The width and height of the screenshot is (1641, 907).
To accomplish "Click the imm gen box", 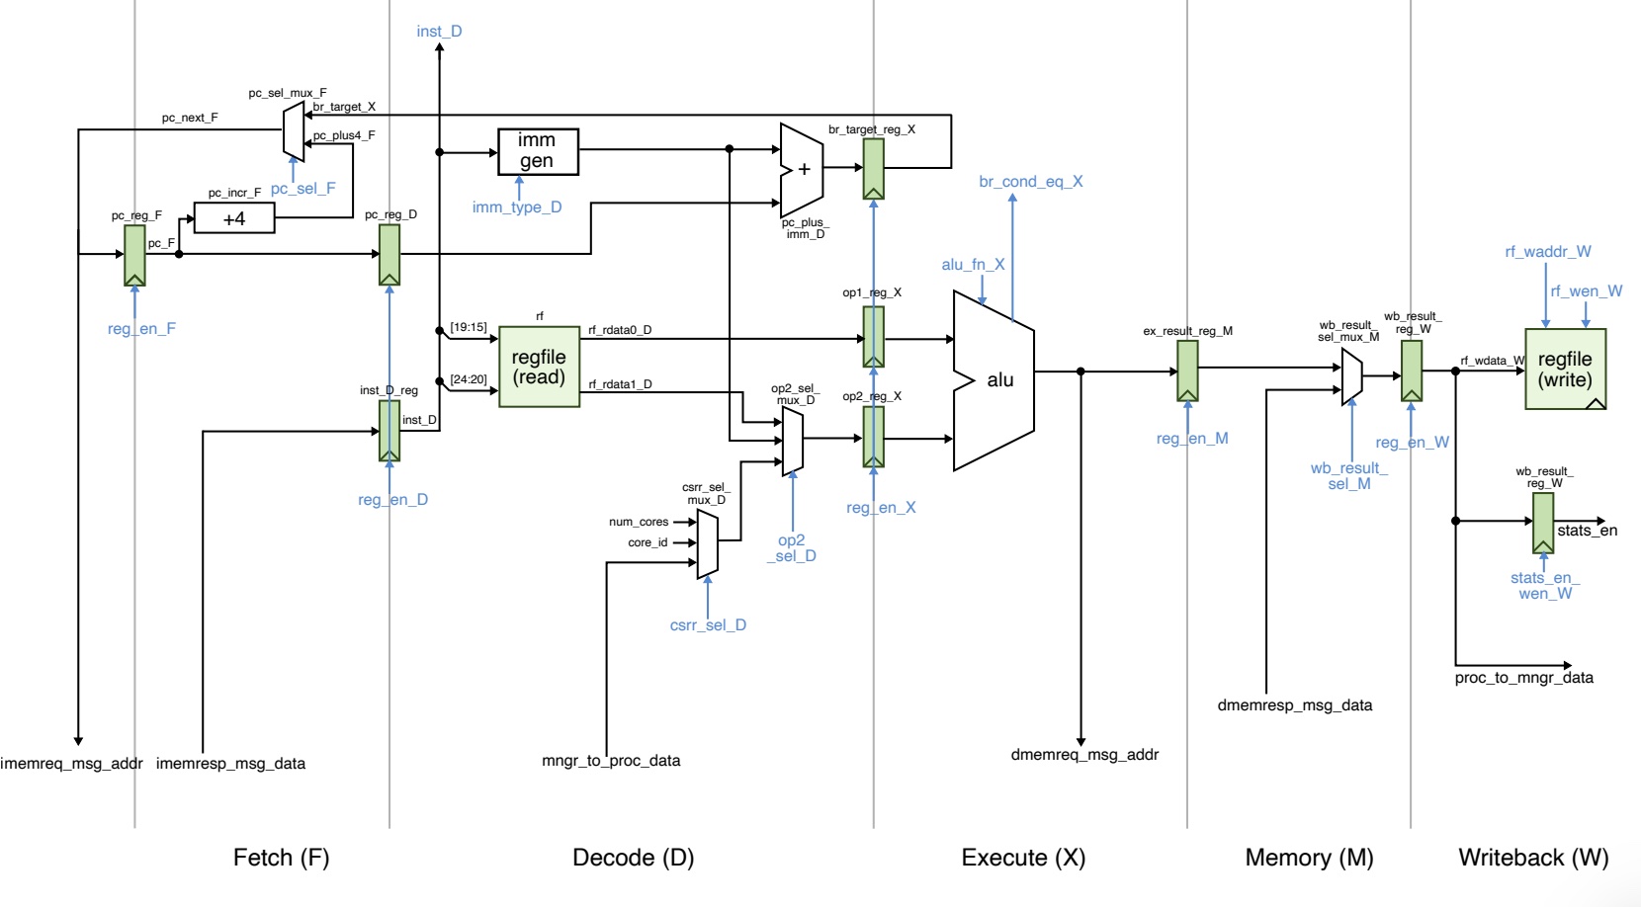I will tap(537, 151).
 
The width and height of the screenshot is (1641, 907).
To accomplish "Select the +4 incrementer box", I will tap(234, 218).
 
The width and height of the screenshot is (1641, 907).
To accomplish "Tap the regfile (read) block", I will tap(539, 367).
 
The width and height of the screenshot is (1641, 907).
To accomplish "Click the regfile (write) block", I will tap(1565, 370).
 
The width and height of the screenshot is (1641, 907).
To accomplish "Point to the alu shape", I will tap(993, 380).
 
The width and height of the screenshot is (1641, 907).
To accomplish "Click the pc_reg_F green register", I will tap(134, 255).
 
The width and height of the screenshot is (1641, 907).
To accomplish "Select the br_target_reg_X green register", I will tap(873, 168).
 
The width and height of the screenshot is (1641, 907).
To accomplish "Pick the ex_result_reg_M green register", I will tap(1187, 371).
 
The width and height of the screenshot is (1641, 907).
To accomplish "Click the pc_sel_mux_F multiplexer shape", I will tap(293, 130).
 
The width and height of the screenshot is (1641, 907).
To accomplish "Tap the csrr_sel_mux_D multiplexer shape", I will tap(707, 543).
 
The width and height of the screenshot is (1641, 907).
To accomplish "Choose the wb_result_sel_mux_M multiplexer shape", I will tap(1351, 376).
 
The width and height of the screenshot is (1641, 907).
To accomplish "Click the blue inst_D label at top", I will tap(439, 32).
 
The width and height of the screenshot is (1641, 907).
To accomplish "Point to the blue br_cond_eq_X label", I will tap(1030, 182).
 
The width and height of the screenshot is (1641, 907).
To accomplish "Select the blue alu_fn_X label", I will tap(973, 265).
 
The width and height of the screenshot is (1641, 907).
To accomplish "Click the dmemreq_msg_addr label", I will tap(1084, 755).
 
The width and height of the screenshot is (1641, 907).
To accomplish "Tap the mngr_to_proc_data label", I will tap(611, 761).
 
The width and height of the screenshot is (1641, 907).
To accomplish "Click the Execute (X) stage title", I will tap(1023, 858).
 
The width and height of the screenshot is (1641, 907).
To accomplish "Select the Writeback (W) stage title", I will tap(1533, 858).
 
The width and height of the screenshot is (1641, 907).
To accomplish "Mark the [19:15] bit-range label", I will tap(468, 327).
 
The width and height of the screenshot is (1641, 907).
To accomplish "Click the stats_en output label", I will tap(1587, 531).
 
